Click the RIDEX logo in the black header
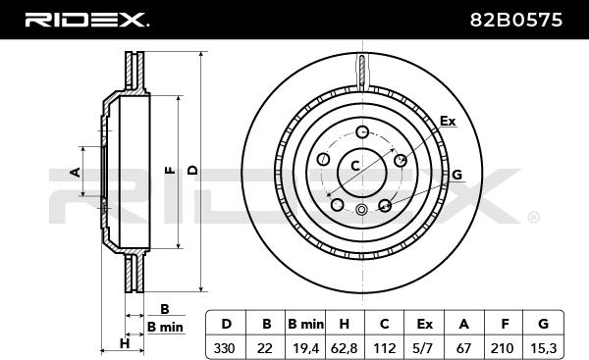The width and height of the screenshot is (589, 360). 86,20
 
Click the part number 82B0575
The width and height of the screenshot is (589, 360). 516,20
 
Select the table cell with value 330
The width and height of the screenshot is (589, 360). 226,347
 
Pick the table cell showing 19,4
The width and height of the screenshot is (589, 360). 305,347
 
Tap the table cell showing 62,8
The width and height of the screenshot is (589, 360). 346,347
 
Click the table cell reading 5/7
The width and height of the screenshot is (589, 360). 424,347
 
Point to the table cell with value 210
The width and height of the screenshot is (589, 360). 504,347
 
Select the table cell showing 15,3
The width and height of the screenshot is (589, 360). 543,347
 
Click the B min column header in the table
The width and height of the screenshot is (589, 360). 305,323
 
